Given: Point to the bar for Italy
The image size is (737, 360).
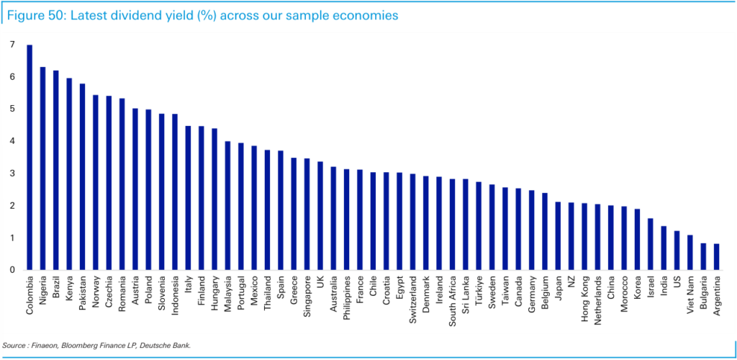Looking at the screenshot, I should [188, 198].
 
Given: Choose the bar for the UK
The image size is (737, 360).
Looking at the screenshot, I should [320, 215].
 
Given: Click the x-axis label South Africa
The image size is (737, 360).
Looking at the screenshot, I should [452, 298].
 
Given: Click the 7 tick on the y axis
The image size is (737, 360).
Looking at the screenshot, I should [12, 45].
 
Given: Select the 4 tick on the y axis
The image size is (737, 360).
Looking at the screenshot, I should [12, 141].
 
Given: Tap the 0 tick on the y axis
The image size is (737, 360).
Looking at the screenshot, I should [12, 270].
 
